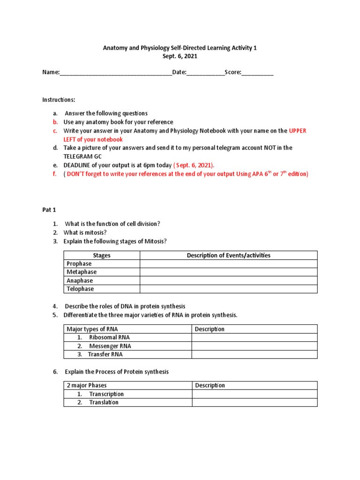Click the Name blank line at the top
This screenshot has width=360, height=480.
coord(115,73)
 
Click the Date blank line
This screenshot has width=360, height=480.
coord(205,73)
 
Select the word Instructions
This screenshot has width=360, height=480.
coord(59,100)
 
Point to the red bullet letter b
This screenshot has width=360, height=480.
coord(55,122)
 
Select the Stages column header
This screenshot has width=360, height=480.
coord(102,255)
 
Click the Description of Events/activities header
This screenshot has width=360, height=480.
coord(228,255)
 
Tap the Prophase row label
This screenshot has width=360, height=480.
coord(79,264)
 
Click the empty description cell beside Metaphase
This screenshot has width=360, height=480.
coord(228,272)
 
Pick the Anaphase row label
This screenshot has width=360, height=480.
coord(80,281)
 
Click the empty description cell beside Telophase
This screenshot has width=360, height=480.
coord(228,289)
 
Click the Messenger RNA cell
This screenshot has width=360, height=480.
coord(110,346)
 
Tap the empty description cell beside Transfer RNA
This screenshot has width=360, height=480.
coord(255,354)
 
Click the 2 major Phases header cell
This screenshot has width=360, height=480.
coord(87,385)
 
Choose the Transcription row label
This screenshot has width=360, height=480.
coord(106,394)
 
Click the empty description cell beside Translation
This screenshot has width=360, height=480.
coord(255,402)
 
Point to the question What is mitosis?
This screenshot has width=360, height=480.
coord(87,232)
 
